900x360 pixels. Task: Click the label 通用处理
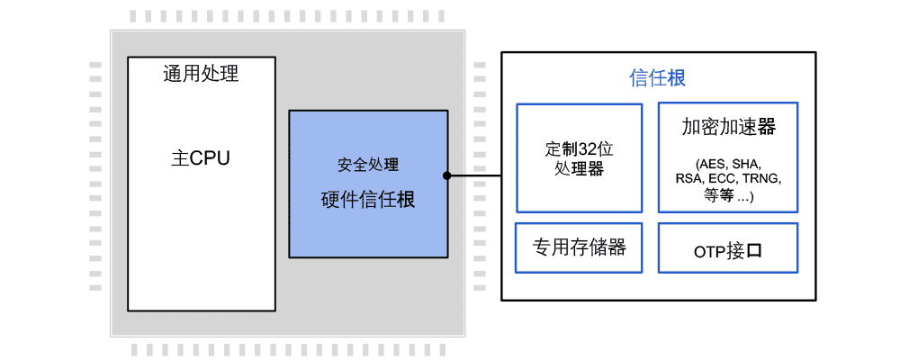201,74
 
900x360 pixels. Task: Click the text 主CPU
201,157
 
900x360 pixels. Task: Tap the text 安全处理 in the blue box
368,166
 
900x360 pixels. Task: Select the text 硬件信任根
368,200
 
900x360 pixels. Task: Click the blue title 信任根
657,78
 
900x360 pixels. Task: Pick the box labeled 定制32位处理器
579,157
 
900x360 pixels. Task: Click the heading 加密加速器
729,127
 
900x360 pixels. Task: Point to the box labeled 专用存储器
579,247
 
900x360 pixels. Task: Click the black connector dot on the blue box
446,175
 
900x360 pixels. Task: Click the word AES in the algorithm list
710,165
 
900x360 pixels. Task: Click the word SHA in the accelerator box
746,165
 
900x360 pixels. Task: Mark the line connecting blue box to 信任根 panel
474,175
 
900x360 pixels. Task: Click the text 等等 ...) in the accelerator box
729,194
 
